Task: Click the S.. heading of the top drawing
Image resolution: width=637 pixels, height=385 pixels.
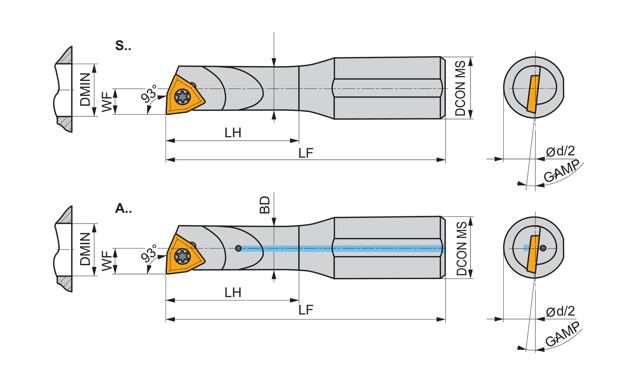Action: [123, 45]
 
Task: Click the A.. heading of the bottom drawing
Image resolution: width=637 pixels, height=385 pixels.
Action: [123, 209]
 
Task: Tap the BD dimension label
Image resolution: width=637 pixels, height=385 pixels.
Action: [265, 205]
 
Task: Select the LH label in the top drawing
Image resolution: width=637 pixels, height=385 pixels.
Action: [233, 133]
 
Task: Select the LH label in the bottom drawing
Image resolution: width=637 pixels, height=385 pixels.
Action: [233, 292]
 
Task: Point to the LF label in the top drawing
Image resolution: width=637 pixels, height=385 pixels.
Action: [306, 153]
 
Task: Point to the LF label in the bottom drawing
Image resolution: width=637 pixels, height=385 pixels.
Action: [306, 310]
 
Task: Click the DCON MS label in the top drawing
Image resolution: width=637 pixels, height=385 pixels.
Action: [460, 88]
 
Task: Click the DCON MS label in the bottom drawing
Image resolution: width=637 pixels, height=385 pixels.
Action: [461, 249]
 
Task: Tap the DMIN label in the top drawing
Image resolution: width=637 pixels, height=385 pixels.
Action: [85, 90]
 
